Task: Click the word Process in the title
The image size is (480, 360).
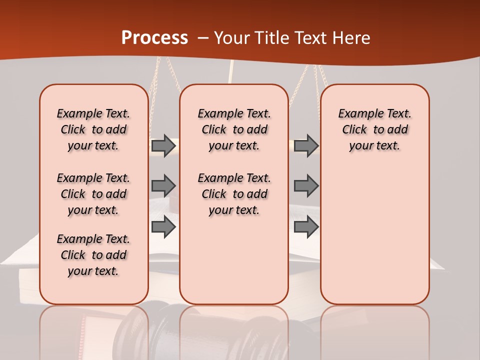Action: [x=154, y=38]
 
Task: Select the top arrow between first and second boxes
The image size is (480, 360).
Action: [x=163, y=145]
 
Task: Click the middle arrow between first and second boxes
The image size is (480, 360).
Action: [x=163, y=186]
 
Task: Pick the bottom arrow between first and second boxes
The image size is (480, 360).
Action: [x=163, y=227]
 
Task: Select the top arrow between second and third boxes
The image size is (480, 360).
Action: [x=306, y=145]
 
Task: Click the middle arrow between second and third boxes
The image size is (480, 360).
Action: [x=306, y=186]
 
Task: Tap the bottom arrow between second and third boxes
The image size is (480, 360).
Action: [x=306, y=227]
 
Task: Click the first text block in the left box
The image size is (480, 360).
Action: [x=93, y=129]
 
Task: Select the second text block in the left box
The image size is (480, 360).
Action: [x=93, y=194]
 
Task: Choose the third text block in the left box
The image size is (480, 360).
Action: [x=93, y=255]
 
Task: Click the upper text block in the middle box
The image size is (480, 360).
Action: [x=234, y=129]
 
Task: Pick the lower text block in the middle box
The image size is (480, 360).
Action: [x=234, y=194]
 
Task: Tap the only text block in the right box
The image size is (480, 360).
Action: [x=374, y=129]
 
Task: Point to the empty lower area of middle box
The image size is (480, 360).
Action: [x=234, y=260]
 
